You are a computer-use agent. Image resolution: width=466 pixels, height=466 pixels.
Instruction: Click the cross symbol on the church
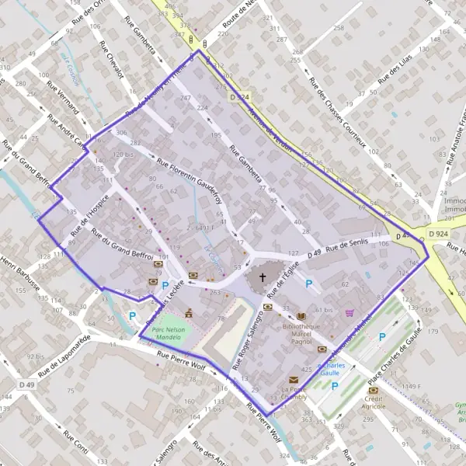[x=262, y=277]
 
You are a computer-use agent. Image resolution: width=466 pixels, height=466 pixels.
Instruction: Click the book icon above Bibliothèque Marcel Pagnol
[x=301, y=316]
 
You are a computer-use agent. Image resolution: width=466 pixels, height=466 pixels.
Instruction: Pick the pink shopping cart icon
[x=349, y=314]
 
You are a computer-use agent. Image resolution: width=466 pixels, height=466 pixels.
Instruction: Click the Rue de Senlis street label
[x=342, y=248]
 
